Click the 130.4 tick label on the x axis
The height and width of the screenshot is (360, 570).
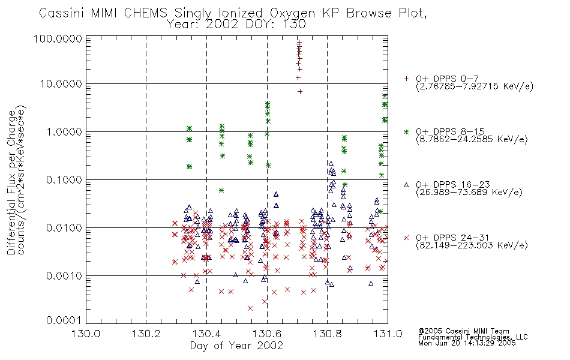(x=207, y=334)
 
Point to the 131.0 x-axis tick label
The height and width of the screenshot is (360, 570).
(x=388, y=334)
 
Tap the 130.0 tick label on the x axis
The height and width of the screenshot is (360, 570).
(x=86, y=334)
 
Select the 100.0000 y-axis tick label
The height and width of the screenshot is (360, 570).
(x=58, y=38)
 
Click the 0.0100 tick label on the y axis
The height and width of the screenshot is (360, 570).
(x=64, y=228)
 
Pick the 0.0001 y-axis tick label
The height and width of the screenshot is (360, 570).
(x=64, y=320)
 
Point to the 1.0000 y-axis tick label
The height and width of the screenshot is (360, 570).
(x=64, y=131)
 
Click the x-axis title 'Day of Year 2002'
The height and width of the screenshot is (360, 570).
(x=236, y=346)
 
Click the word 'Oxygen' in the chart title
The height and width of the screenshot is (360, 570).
(x=292, y=13)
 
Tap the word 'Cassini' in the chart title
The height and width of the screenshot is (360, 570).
(x=62, y=13)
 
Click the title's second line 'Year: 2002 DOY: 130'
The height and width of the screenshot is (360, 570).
(x=236, y=25)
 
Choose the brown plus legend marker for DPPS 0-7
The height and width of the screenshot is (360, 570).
(x=406, y=79)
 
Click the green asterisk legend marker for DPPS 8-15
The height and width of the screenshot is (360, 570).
(x=406, y=131)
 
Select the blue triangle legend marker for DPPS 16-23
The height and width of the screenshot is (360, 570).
(x=406, y=185)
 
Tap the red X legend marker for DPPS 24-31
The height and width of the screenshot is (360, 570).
(x=406, y=238)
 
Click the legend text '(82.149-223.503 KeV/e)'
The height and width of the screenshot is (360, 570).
(x=472, y=245)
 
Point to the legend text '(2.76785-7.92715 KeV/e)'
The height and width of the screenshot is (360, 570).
(x=475, y=86)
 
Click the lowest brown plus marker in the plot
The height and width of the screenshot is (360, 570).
(x=300, y=92)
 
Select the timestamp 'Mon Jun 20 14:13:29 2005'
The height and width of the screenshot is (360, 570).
(x=467, y=343)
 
